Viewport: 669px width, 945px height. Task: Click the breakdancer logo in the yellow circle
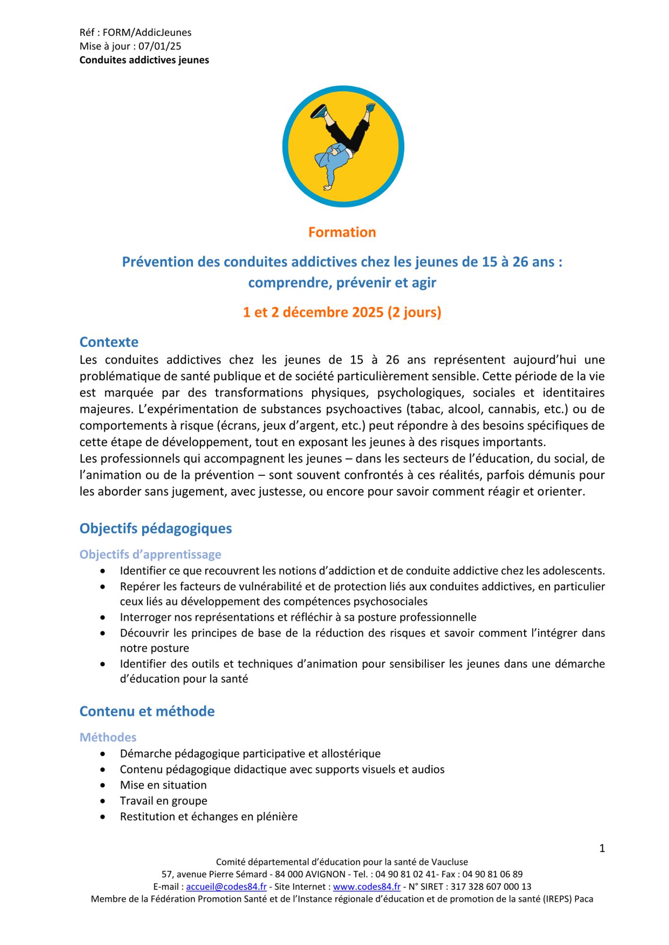pos(343,146)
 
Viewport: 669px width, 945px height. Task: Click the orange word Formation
pos(342,232)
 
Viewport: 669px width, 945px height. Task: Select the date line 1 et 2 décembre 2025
pos(342,312)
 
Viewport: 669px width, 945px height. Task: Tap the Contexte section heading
pos(109,342)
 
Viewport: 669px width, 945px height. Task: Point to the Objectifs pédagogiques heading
pos(156,528)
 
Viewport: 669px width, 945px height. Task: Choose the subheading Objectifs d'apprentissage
pos(150,554)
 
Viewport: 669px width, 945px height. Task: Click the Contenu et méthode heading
pos(147,711)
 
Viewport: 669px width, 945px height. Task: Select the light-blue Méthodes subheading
pos(108,737)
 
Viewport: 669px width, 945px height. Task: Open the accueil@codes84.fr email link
pos(226,887)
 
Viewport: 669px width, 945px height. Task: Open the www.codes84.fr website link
pos(366,887)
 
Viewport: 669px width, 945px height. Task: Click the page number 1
pos(602,849)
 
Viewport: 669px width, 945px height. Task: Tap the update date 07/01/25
pos(160,46)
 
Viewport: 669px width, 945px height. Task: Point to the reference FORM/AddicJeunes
pos(147,33)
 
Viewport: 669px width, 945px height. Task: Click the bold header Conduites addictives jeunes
pos(144,60)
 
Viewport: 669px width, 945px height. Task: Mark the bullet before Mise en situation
pos(103,785)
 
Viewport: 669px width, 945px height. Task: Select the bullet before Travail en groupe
pos(103,801)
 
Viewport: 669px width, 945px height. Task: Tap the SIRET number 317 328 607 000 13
pos(491,887)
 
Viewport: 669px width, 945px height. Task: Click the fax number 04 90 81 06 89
pos(492,875)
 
